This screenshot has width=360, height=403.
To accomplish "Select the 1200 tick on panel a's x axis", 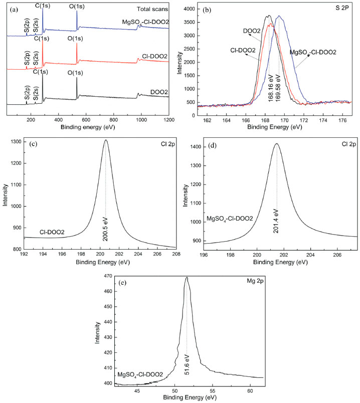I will tap(168, 120).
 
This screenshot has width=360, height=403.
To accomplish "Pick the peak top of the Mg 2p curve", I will tap(187, 277).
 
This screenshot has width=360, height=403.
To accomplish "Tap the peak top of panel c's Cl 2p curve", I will tap(106, 140).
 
